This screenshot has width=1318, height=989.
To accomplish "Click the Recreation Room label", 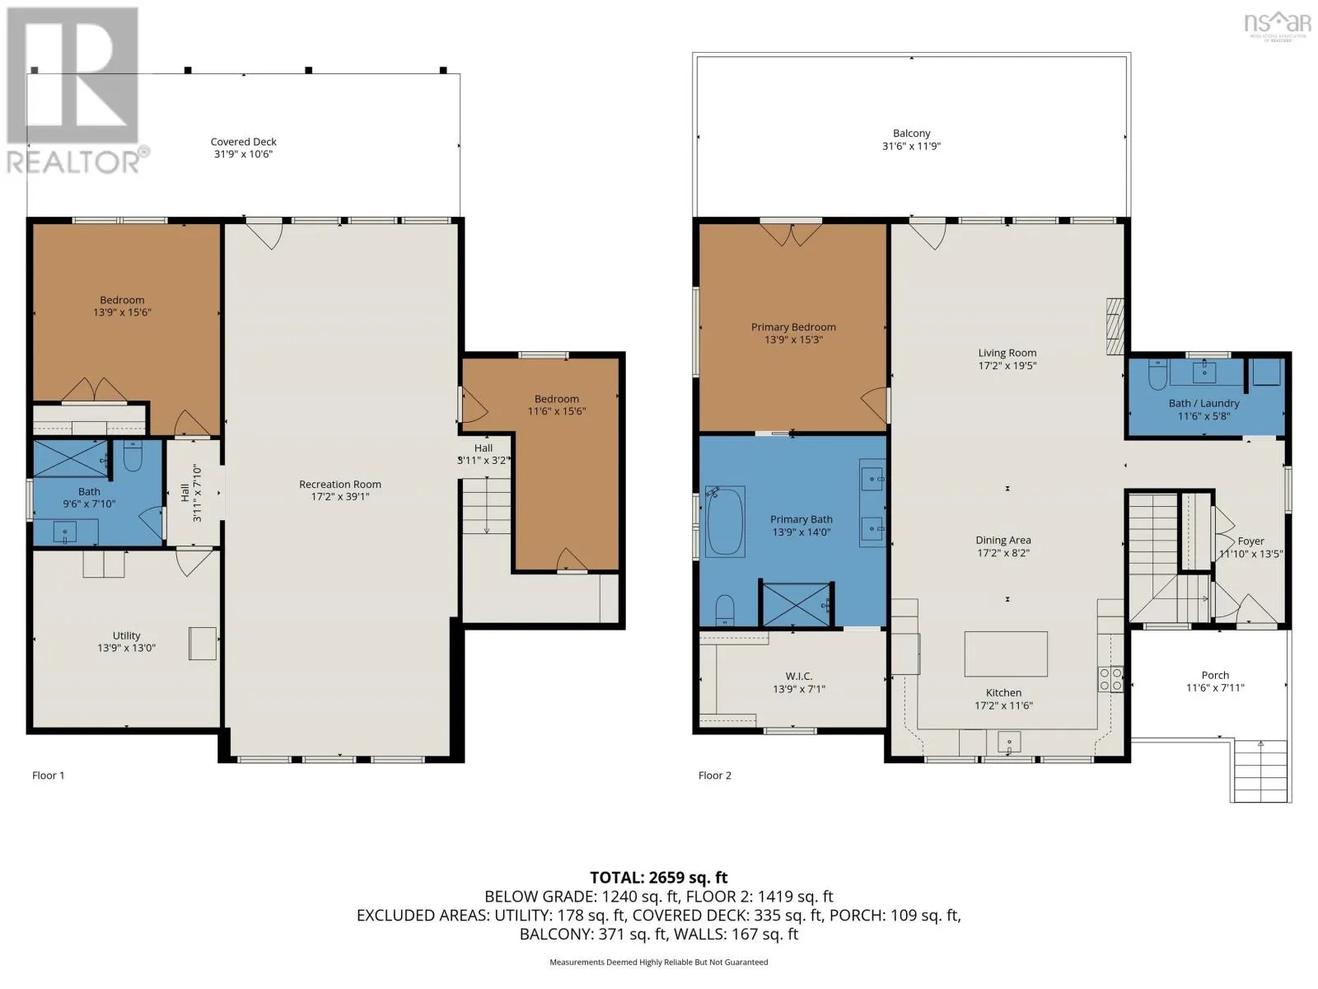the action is click(340, 484).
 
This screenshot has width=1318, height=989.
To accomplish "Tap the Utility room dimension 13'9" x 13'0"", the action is click(127, 647).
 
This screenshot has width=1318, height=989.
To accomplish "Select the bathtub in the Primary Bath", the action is click(725, 521).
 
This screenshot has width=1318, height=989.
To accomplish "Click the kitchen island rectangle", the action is click(1006, 654).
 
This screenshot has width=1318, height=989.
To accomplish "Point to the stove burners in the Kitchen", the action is click(1110, 679).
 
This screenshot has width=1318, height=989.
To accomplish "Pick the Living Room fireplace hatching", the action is click(1115, 326).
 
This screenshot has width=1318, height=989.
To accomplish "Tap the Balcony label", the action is click(912, 134).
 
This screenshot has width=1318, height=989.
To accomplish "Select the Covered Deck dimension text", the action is click(243, 154).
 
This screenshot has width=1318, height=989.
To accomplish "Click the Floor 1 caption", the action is click(48, 776).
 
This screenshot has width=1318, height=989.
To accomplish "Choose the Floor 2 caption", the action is click(714, 776).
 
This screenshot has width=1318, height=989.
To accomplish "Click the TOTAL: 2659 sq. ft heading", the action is click(659, 877).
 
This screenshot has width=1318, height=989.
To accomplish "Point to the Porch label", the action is click(1215, 675).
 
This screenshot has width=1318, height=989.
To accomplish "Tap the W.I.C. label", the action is click(798, 676).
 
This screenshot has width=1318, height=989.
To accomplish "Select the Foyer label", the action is click(1250, 541).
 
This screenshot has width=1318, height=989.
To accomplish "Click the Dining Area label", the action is click(1003, 540).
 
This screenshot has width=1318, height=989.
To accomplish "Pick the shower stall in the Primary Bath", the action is click(797, 604).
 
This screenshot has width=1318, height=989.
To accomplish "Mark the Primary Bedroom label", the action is click(793, 326).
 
